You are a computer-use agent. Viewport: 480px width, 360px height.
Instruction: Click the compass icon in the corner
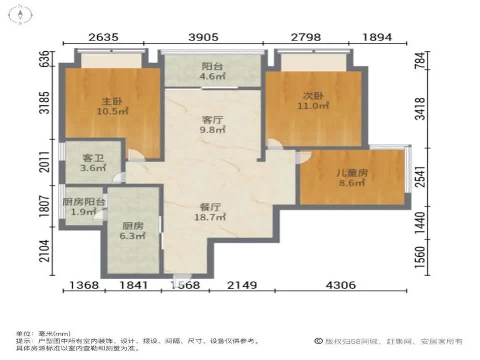20,14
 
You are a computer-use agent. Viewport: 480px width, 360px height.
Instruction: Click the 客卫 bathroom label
93,158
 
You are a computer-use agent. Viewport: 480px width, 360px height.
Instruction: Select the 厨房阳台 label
84,202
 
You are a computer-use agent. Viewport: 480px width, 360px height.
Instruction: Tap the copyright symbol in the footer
319,341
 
